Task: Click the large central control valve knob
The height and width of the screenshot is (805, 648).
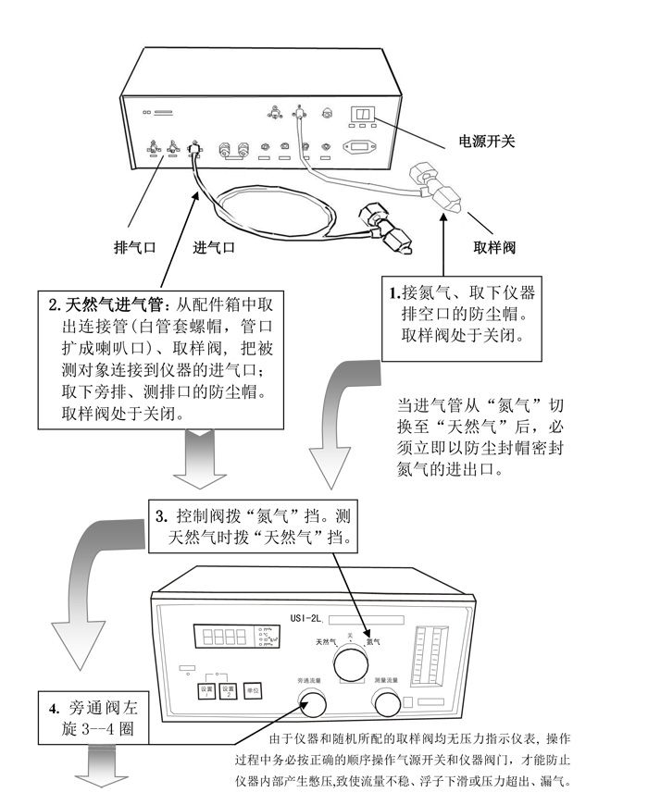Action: pyautogui.click(x=352, y=663)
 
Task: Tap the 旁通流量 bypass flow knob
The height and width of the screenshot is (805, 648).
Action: pyautogui.click(x=313, y=705)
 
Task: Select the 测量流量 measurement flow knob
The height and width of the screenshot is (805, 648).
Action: pyautogui.click(x=387, y=705)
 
